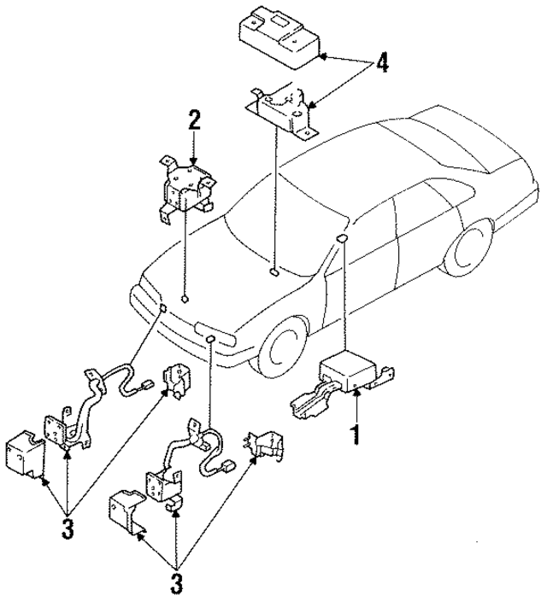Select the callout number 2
195,120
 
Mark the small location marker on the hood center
272,272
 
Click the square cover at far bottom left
26,452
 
